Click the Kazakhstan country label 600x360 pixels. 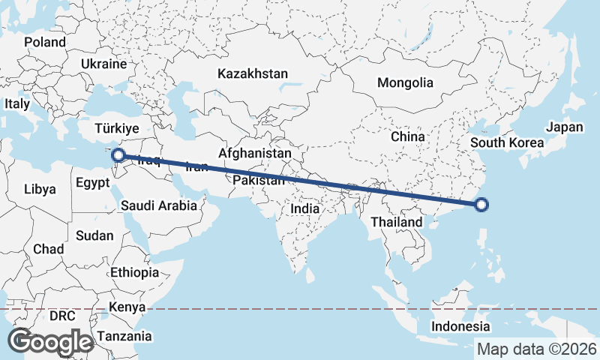[253, 73]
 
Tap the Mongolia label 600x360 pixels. [405, 82]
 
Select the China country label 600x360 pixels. [408, 136]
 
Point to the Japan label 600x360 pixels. [564, 127]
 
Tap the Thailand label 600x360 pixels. [396, 223]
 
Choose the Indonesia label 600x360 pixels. [460, 326]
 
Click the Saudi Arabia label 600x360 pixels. [158, 205]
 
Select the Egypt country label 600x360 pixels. [94, 182]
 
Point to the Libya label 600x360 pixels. [40, 189]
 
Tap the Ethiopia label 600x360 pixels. [134, 272]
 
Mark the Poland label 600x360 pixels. [45, 42]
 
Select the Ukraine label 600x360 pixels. [103, 64]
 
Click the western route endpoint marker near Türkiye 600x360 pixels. [118, 155]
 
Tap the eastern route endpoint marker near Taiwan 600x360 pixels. [481, 204]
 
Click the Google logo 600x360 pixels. [50, 342]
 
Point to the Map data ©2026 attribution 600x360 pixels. [536, 349]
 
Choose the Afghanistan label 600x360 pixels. [254, 153]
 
